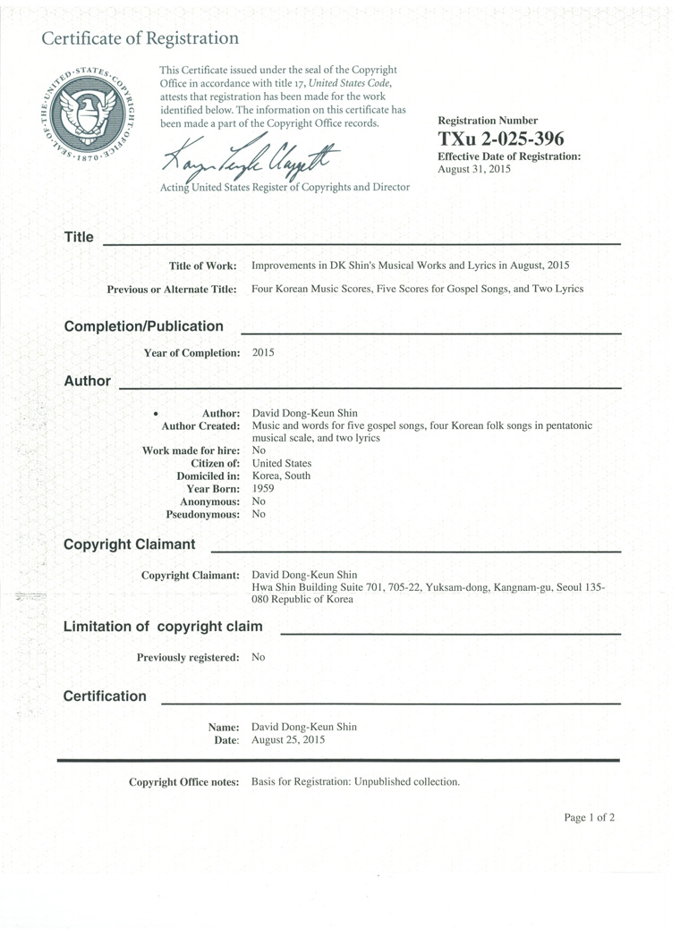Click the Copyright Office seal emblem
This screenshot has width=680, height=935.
pyautogui.click(x=88, y=114)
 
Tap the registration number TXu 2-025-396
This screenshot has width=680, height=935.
pyautogui.click(x=501, y=139)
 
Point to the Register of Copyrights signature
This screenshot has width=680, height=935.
pyautogui.click(x=251, y=161)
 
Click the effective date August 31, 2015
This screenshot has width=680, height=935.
pyautogui.click(x=474, y=168)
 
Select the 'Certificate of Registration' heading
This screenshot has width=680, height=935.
pyautogui.click(x=140, y=38)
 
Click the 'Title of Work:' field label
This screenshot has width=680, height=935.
pyautogui.click(x=203, y=265)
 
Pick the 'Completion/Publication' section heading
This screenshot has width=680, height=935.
pyautogui.click(x=144, y=326)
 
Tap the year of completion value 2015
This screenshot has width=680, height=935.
pyautogui.click(x=263, y=352)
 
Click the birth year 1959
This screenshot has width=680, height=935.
pyautogui.click(x=263, y=489)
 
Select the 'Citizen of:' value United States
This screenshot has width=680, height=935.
pyautogui.click(x=282, y=463)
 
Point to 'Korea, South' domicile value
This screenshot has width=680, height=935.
pyautogui.click(x=281, y=476)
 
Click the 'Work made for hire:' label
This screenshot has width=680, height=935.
pyautogui.click(x=191, y=451)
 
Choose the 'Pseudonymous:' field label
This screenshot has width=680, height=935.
pyautogui.click(x=203, y=515)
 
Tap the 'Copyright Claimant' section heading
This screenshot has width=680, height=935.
pyautogui.click(x=130, y=544)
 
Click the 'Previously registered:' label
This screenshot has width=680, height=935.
pyautogui.click(x=188, y=658)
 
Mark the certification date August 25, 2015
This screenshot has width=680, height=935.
pyautogui.click(x=288, y=740)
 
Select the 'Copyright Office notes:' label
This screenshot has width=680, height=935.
pyautogui.click(x=184, y=782)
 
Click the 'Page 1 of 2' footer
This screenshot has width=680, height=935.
pyautogui.click(x=589, y=817)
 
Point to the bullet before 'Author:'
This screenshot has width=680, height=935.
pyautogui.click(x=156, y=415)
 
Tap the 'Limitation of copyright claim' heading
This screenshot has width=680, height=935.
pyautogui.click(x=163, y=627)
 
